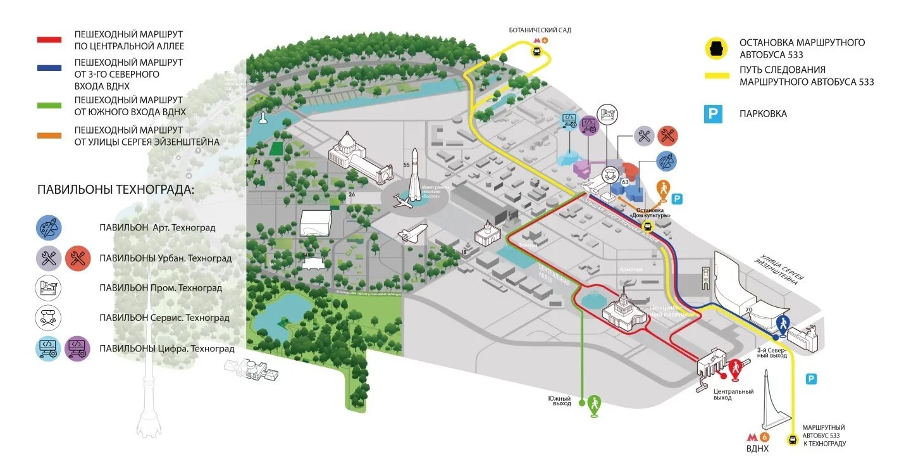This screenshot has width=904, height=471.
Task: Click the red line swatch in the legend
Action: [49, 39]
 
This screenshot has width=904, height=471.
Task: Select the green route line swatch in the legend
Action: [49, 106]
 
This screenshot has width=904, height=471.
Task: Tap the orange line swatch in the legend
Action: [49, 135]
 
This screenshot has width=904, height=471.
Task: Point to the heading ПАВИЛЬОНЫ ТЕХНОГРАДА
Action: [116, 189]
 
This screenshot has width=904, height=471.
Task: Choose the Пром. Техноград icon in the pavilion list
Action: [48, 288]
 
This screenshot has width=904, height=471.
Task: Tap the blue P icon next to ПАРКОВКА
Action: [714, 114]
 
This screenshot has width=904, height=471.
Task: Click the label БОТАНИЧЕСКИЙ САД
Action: [540, 30]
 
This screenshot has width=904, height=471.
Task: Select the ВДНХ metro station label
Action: [757, 449]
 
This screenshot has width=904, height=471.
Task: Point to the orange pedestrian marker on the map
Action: [663, 188]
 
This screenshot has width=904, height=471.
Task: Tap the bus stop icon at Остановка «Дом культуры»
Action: [647, 226]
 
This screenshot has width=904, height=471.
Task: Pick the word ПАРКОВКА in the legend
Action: [763, 114]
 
